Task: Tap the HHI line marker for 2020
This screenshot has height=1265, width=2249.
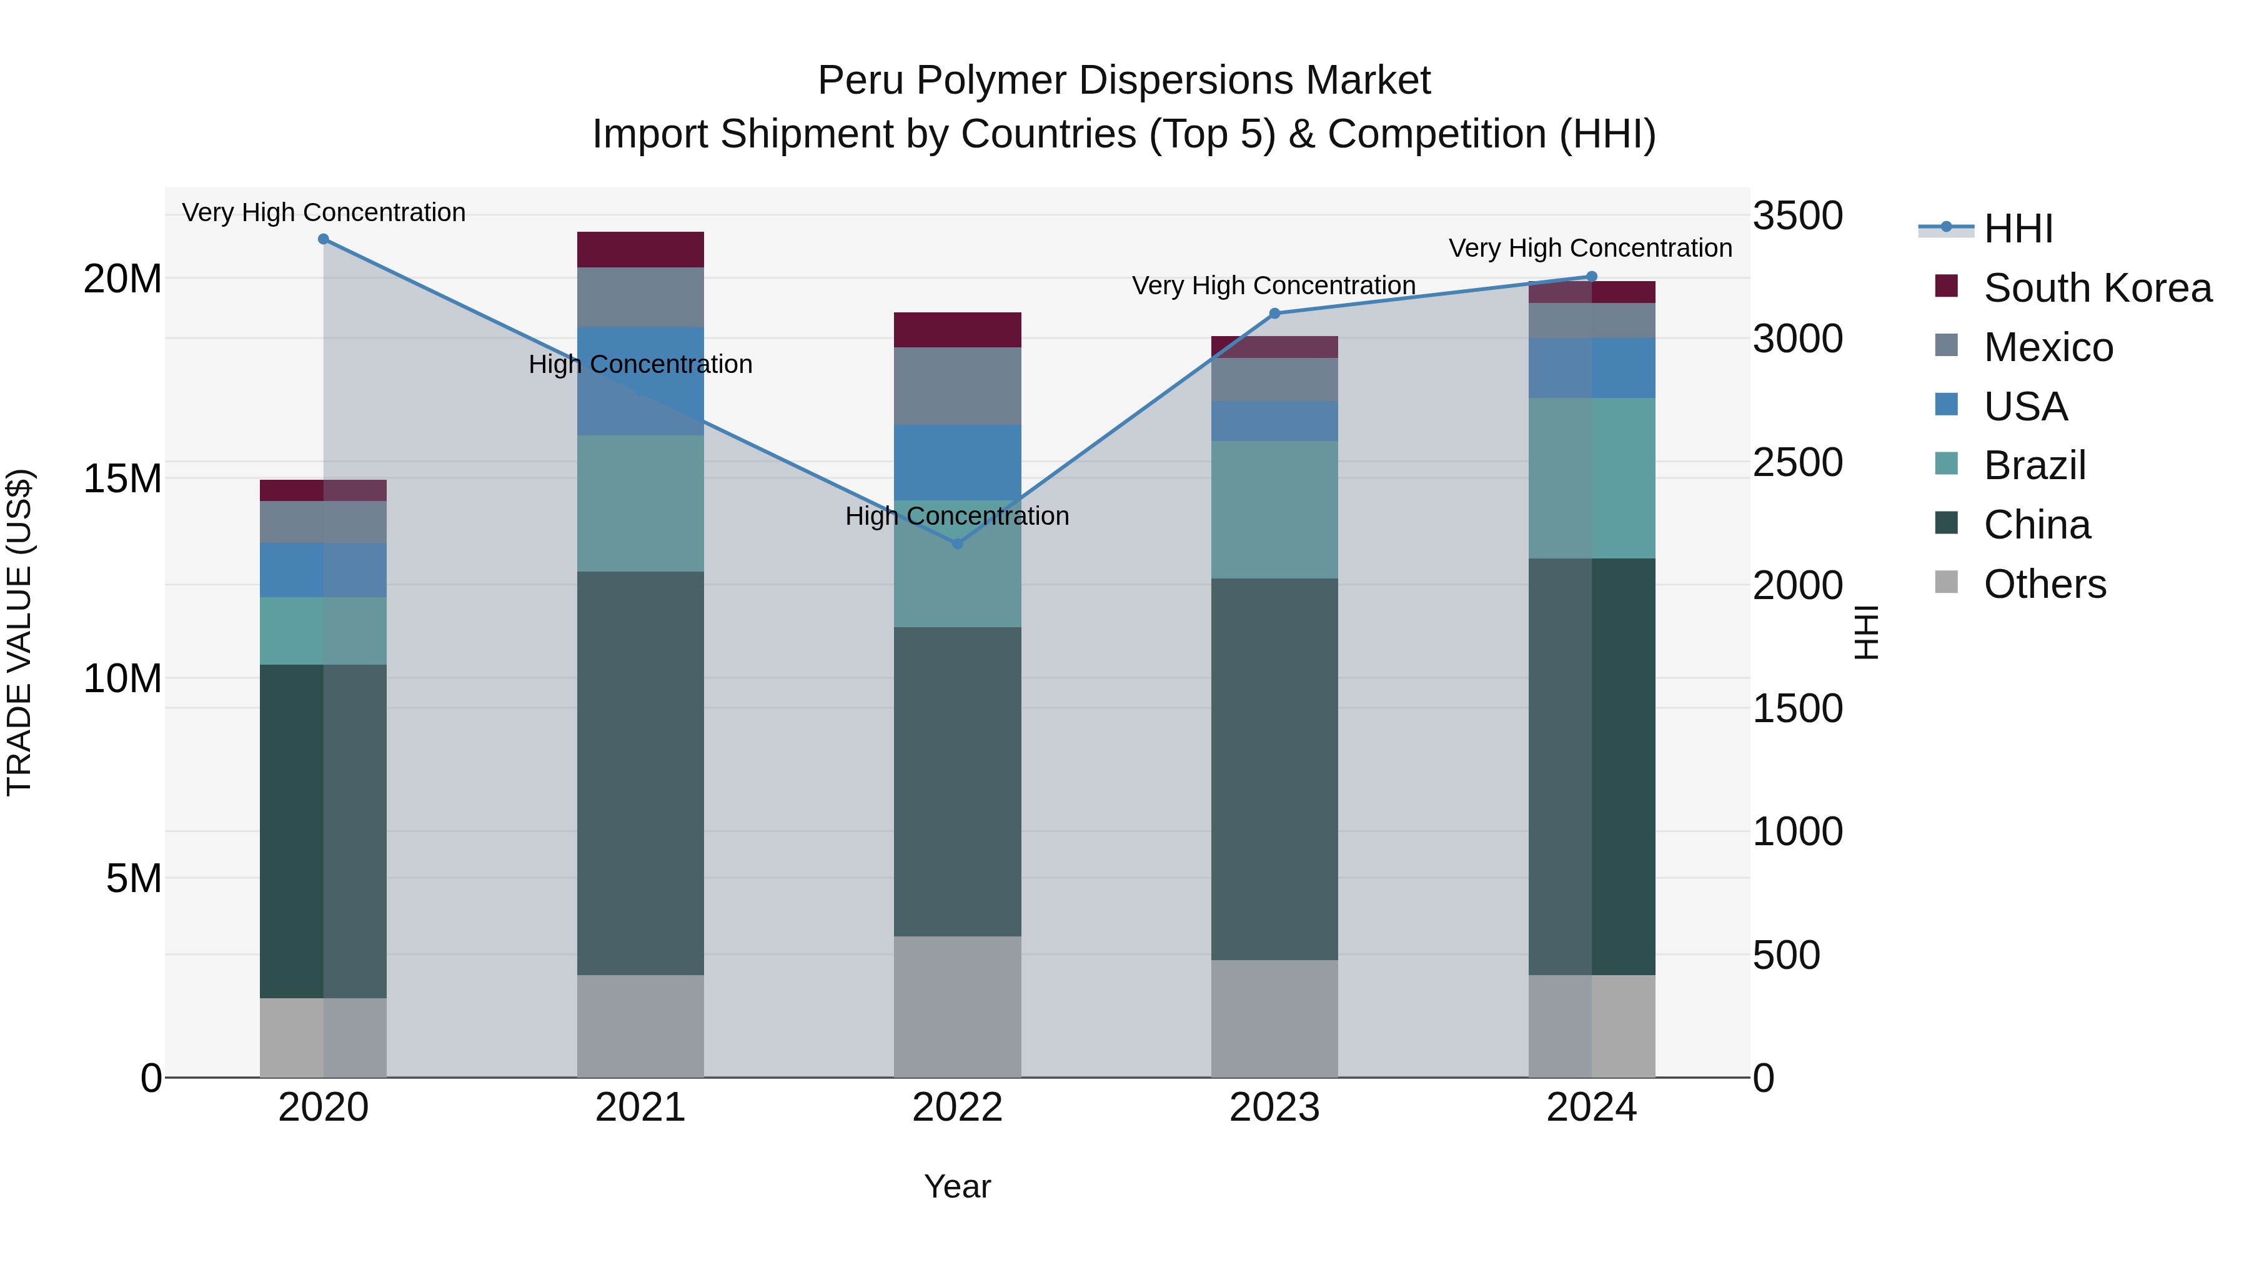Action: (323, 239)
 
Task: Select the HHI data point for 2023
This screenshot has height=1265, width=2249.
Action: (1274, 314)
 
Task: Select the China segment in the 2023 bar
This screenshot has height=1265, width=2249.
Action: (1274, 768)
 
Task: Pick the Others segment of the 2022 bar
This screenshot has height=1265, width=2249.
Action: (957, 1006)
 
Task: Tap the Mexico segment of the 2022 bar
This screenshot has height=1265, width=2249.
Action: (957, 386)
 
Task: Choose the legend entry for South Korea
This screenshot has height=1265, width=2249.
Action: (2097, 288)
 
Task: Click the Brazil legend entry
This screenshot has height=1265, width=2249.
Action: (2034, 465)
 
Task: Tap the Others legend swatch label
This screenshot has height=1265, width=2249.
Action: (2044, 584)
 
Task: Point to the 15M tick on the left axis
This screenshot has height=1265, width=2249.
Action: (122, 479)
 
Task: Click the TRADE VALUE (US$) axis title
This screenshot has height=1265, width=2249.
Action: (19, 632)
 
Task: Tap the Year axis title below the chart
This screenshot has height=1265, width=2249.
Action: (957, 1186)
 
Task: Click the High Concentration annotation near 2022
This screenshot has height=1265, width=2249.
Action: (957, 516)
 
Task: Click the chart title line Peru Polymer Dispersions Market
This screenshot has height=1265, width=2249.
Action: (1124, 81)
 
